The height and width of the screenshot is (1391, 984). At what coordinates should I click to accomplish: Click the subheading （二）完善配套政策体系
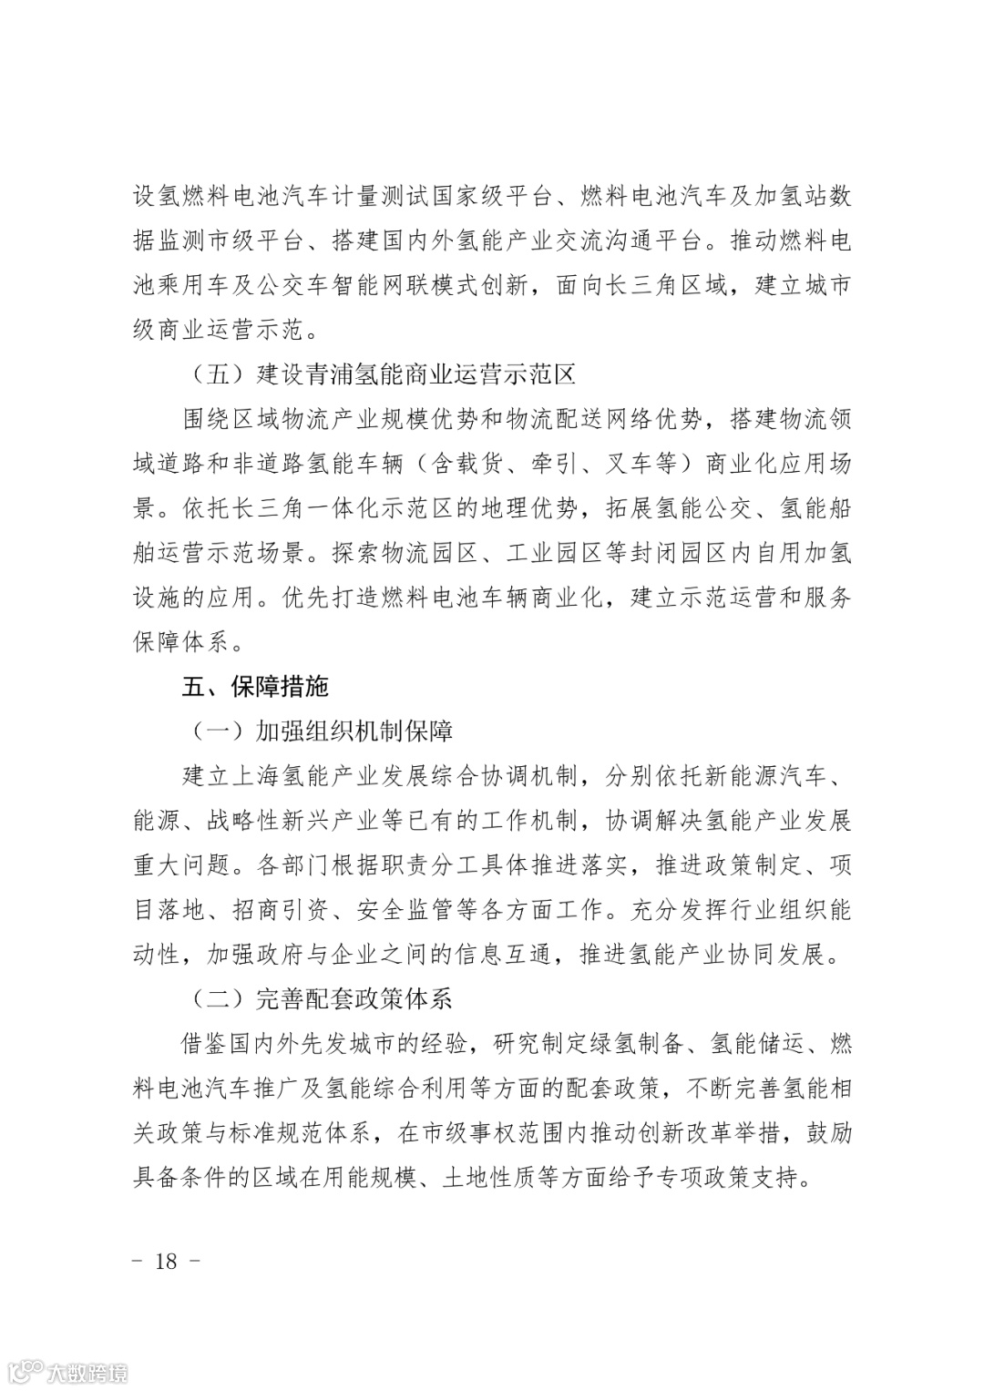pyautogui.click(x=322, y=998)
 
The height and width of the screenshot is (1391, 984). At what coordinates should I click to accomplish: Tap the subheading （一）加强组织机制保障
pyautogui.click(x=322, y=731)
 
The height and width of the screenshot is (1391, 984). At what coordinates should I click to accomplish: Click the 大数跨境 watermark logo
pyautogui.click(x=68, y=1370)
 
